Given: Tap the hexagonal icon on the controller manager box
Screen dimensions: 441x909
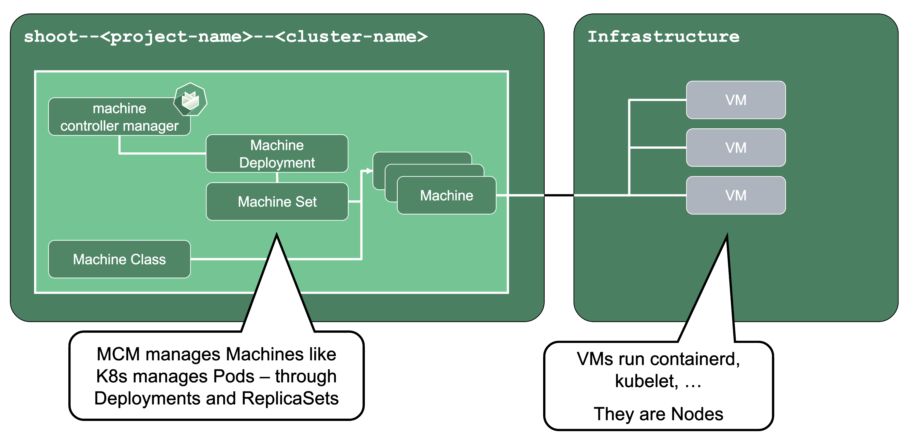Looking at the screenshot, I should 190,100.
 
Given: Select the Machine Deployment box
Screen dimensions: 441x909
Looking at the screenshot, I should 277,154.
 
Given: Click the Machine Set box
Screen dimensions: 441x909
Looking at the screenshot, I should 277,202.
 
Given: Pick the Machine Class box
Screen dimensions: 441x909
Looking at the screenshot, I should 119,259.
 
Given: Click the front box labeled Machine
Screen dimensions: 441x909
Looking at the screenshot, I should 446,195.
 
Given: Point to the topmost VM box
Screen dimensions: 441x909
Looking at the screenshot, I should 736,100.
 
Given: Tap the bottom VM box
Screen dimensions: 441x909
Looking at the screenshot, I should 736,195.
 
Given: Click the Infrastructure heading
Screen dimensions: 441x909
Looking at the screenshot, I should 663,37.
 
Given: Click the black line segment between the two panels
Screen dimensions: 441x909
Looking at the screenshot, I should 559,195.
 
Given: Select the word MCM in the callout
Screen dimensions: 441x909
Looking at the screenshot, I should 118,354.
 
